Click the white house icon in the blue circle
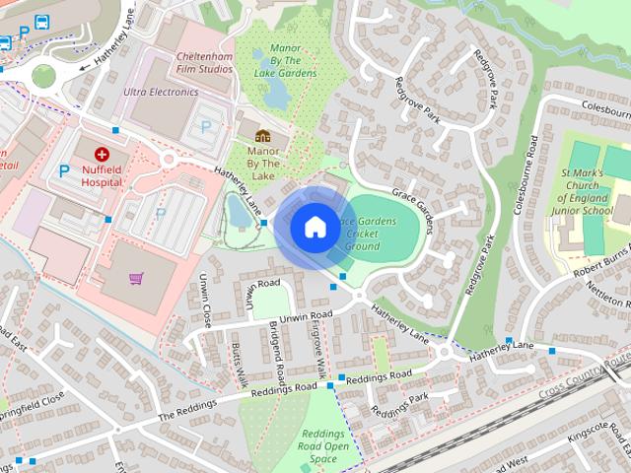click(x=315, y=227)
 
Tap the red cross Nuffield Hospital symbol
click(x=102, y=154)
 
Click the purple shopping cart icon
click(x=135, y=278)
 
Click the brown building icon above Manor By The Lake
click(x=262, y=136)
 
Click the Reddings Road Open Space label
click(x=324, y=446)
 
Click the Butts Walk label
click(x=238, y=365)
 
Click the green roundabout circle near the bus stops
click(x=43, y=75)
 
